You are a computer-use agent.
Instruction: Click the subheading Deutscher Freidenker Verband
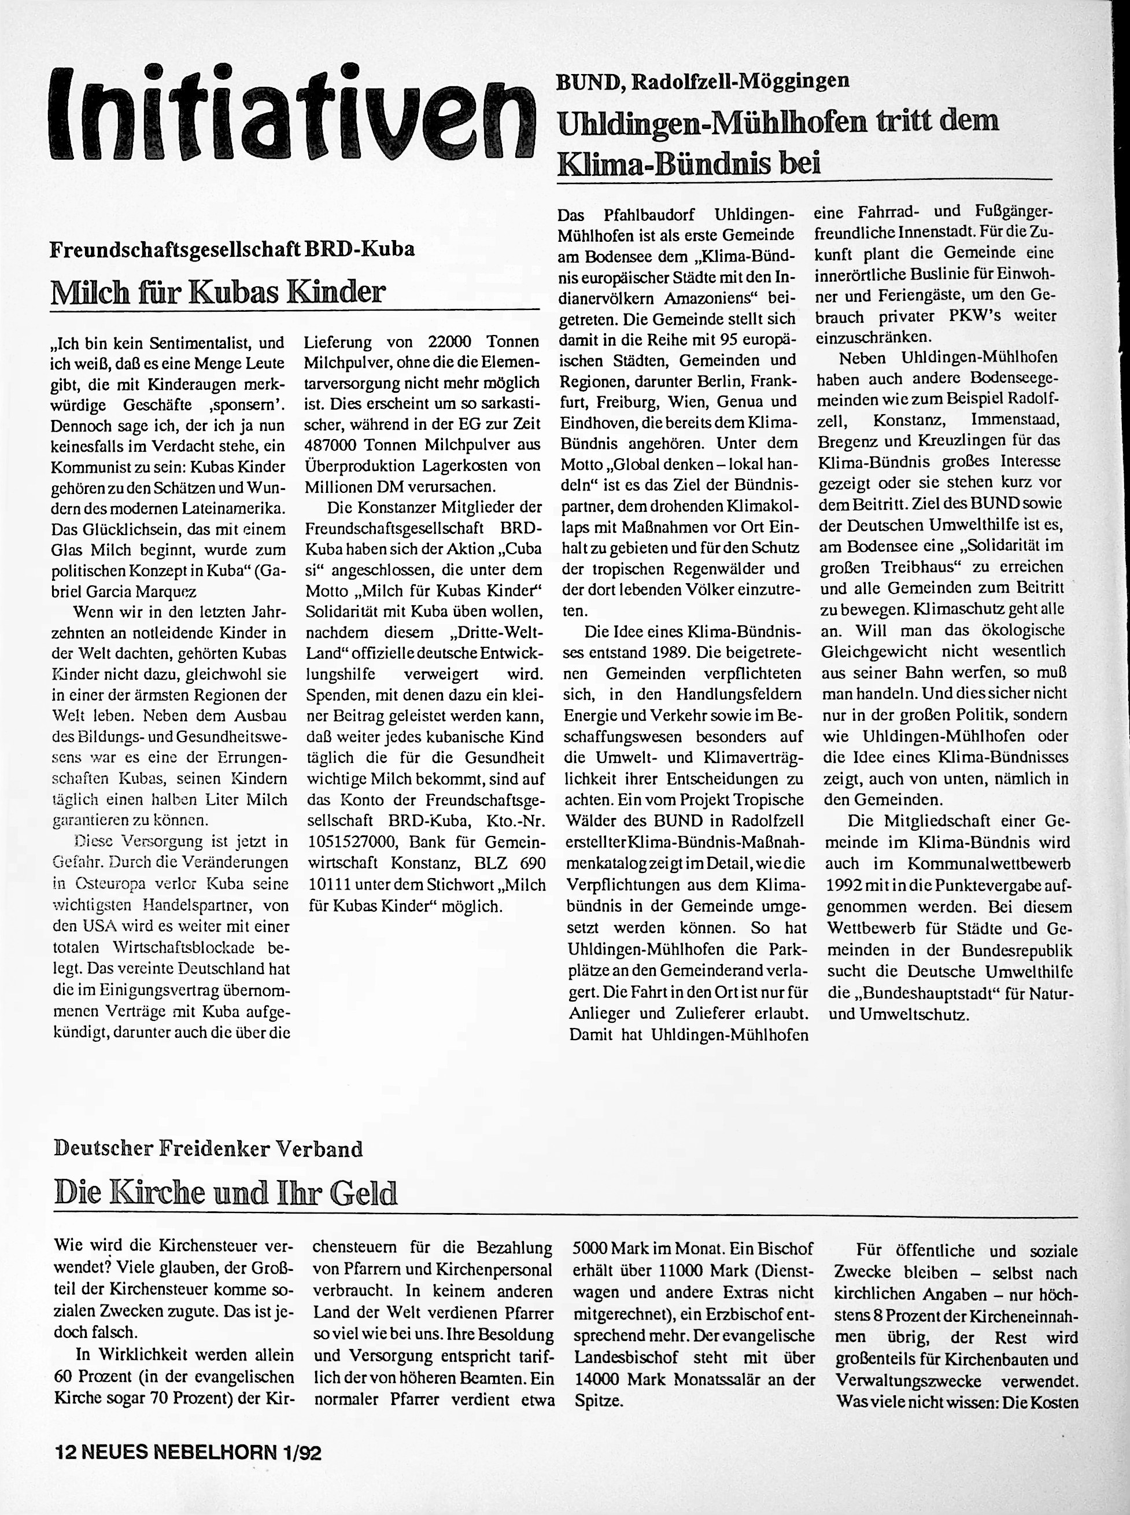tap(208, 1149)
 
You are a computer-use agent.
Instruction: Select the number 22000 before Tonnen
tap(455, 341)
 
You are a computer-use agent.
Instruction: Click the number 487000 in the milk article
tap(330, 445)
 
